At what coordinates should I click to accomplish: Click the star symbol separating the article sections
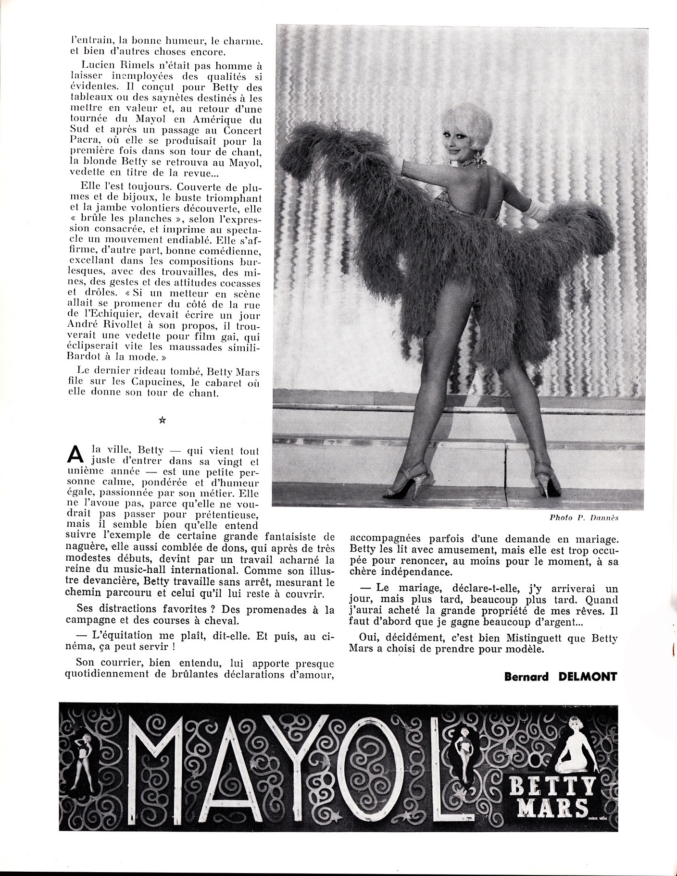click(162, 420)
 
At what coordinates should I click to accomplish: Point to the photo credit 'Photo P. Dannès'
click(583, 518)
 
